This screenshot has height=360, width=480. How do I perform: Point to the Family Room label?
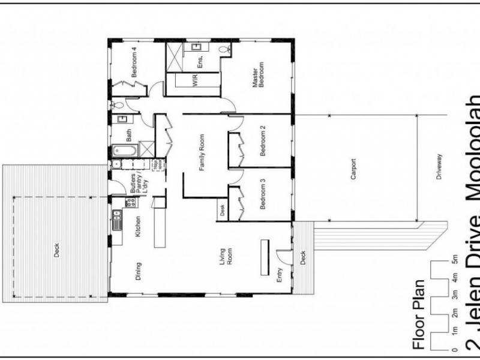(x=202, y=154)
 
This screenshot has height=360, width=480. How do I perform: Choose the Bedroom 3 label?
(x=263, y=194)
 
